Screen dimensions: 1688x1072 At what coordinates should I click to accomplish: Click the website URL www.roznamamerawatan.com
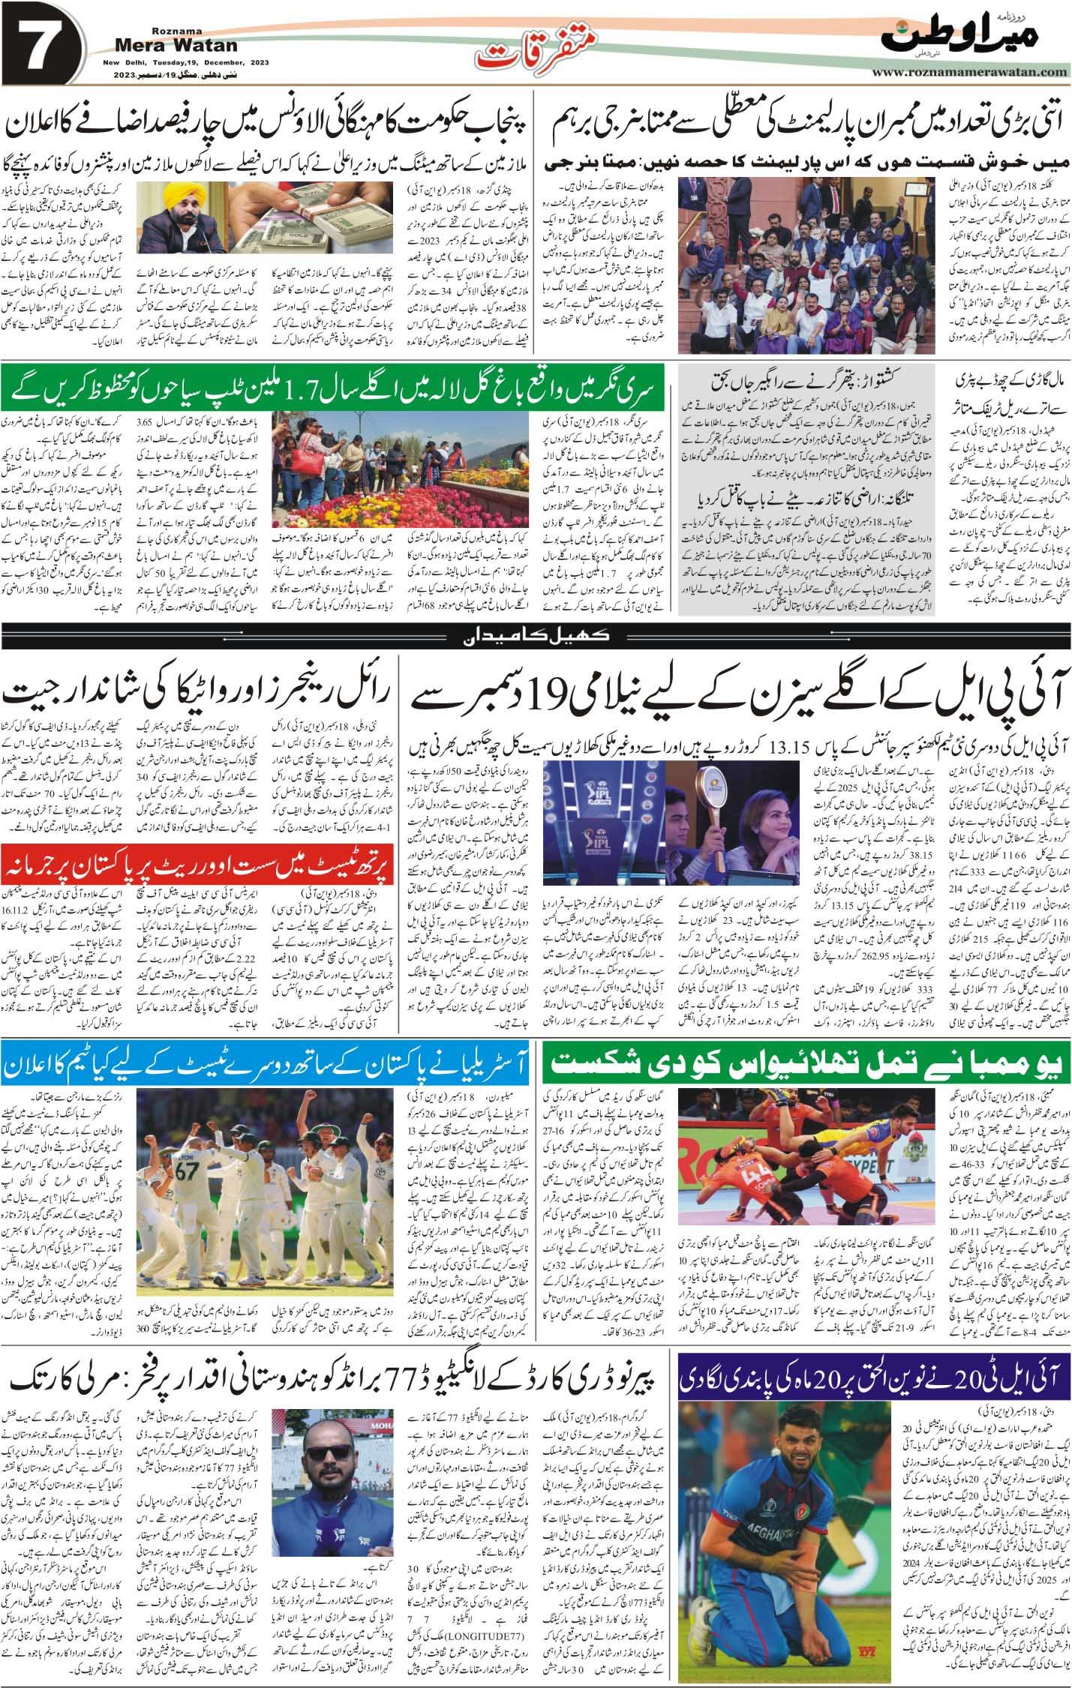click(971, 73)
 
